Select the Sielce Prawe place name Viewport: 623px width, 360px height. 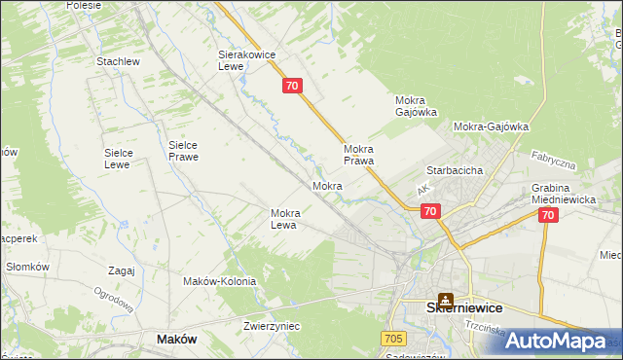pyautogui.click(x=183, y=150)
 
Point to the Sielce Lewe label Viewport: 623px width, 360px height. pyautogui.click(x=125, y=159)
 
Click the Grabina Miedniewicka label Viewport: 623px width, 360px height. pyautogui.click(x=564, y=194)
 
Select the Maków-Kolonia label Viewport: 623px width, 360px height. pyautogui.click(x=219, y=281)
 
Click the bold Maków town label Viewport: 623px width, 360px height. pyautogui.click(x=176, y=340)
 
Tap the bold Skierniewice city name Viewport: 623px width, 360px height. pyautogui.click(x=464, y=306)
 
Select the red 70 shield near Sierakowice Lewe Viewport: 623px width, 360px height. pyautogui.click(x=294, y=87)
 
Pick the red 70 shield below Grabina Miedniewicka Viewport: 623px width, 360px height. pyautogui.click(x=547, y=215)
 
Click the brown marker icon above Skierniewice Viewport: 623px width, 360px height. pyautogui.click(x=446, y=302)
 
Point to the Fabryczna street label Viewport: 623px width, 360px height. pyautogui.click(x=553, y=161)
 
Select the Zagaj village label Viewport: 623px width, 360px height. pyautogui.click(x=122, y=271)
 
